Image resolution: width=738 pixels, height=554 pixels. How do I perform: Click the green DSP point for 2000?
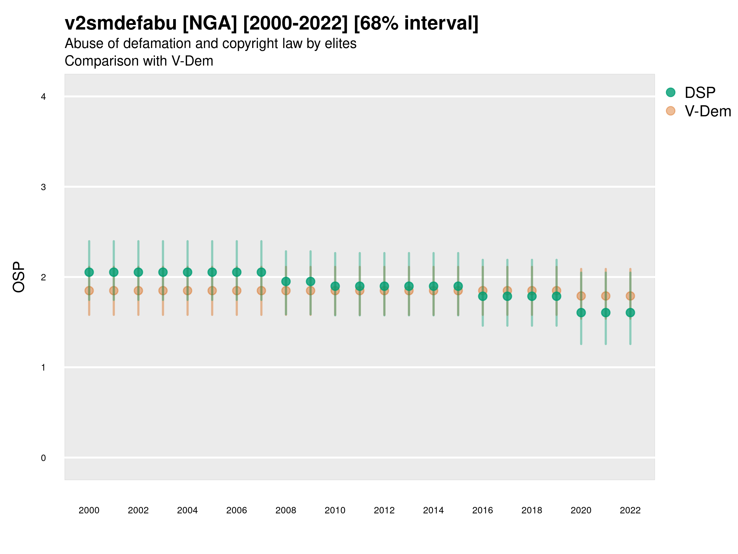coord(89,272)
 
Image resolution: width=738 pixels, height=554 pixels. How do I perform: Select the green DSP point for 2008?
coord(286,282)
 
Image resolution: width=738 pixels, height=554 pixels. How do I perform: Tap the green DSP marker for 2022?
coord(630,313)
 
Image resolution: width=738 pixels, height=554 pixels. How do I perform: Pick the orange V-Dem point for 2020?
coord(581,296)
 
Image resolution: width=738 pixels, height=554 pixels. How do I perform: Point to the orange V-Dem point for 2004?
coord(188,291)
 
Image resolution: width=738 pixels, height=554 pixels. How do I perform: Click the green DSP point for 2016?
coord(483,296)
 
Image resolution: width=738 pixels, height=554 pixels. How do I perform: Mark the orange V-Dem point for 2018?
coord(532,290)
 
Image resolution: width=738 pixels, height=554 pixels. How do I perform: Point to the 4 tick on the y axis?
coord(43,97)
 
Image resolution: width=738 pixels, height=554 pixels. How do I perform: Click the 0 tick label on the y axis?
coord(43,458)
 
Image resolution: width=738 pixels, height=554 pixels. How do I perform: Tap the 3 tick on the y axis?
coord(43,187)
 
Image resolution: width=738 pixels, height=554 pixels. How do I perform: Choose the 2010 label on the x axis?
coord(335,510)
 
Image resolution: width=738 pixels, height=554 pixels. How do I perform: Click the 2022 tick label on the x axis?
coord(630,510)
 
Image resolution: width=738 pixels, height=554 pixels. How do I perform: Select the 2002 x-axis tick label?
coord(138,510)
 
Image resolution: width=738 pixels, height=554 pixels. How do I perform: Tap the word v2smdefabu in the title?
coord(121,23)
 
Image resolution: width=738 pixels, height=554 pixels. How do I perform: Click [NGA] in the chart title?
coord(210,23)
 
